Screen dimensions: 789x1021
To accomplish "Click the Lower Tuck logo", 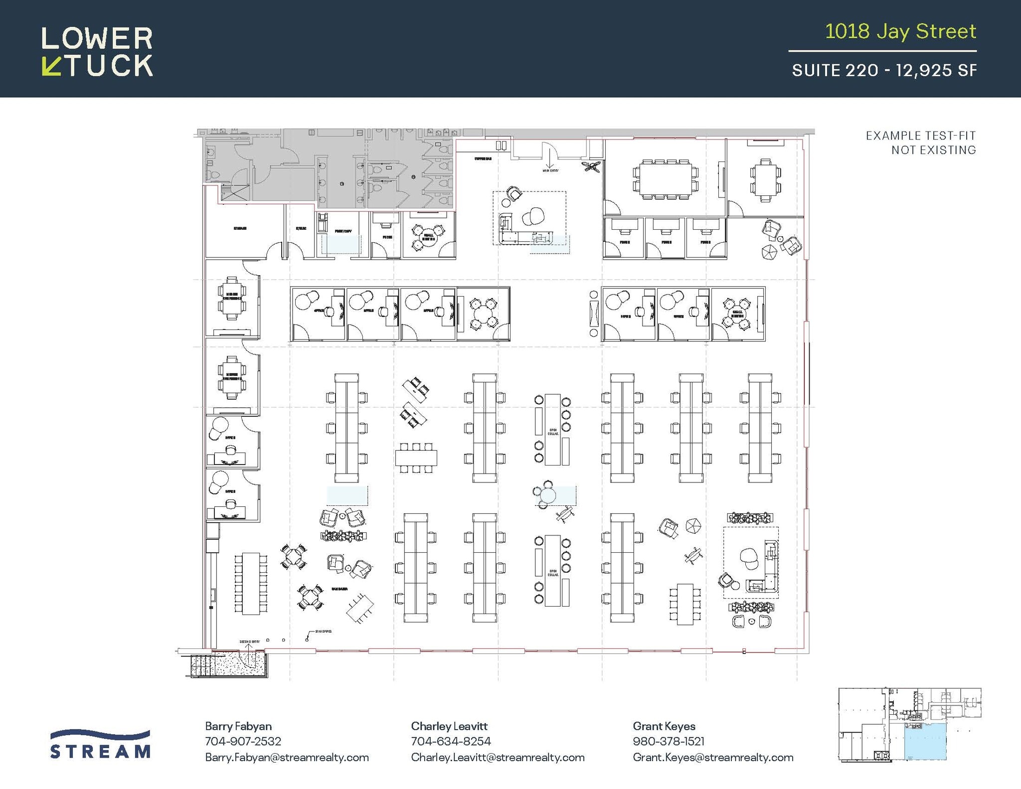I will [x=97, y=52].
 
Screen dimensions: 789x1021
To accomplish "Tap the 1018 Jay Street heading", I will [x=900, y=31].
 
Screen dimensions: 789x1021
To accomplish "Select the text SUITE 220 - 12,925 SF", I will [x=884, y=70].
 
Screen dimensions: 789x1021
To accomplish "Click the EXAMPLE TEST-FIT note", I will [x=920, y=143].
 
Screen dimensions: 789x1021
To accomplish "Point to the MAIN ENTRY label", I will [x=550, y=170].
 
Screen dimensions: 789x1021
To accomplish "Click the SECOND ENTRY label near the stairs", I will [x=249, y=641].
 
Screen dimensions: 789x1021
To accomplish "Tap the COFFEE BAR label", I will [x=483, y=159].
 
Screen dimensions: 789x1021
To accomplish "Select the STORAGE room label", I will [x=240, y=228].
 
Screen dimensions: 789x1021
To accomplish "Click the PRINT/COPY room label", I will [x=343, y=231].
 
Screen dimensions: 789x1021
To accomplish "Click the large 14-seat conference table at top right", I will [x=666, y=179].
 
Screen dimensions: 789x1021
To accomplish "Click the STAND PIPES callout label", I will [x=323, y=631].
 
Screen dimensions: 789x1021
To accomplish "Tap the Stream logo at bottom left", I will [x=100, y=745].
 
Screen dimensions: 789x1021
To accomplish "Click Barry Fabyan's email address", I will [x=287, y=758].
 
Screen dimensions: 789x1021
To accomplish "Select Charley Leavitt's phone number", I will [x=451, y=742].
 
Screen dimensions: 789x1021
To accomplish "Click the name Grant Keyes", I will [x=664, y=726].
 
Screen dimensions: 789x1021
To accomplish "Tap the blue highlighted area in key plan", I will [x=925, y=743].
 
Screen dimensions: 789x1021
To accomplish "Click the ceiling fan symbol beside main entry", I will [x=591, y=166].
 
